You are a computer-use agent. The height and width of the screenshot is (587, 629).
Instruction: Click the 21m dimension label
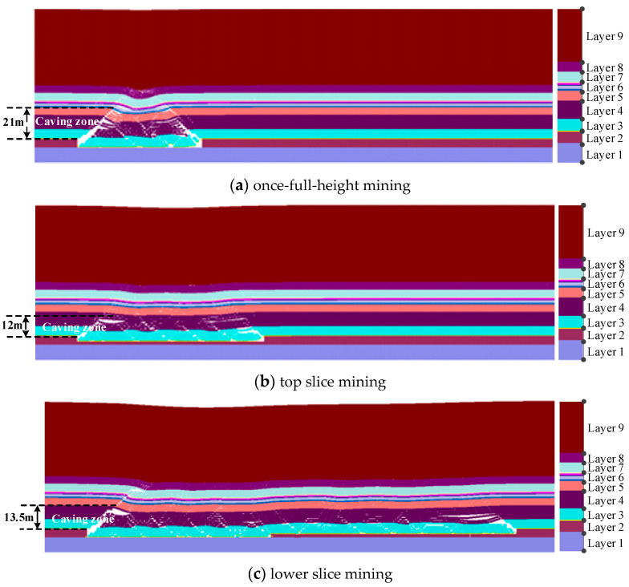click(12, 123)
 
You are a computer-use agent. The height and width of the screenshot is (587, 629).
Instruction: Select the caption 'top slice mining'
click(319, 382)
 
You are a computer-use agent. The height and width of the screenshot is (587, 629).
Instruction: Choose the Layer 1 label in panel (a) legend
click(602, 154)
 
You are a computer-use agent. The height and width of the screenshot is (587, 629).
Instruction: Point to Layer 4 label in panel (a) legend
click(602, 110)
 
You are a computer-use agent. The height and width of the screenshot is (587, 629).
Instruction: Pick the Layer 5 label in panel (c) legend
click(602, 487)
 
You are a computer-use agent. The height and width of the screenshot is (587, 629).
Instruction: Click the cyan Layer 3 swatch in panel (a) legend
click(569, 125)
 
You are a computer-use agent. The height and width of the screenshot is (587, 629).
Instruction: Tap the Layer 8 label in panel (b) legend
click(602, 264)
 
